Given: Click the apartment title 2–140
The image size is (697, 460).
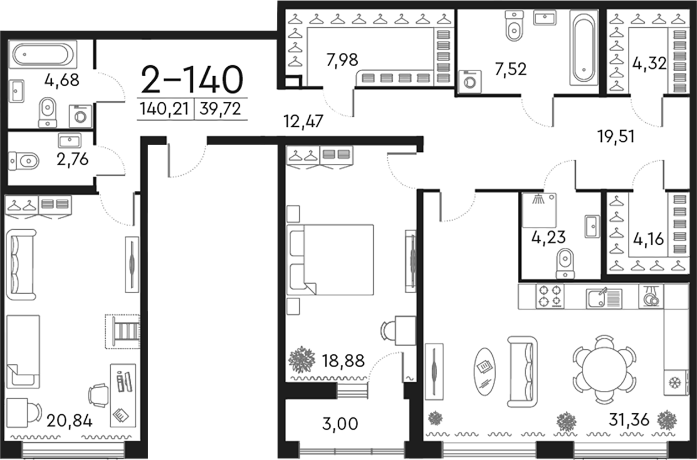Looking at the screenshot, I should click(x=192, y=80).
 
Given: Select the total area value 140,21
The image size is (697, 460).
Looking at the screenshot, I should click(x=165, y=110).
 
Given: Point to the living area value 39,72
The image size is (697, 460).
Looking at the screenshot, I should click(x=221, y=110).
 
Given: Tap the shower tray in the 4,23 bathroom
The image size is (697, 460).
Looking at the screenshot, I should click(x=539, y=210).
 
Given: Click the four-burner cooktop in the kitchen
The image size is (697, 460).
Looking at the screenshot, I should click(x=549, y=296).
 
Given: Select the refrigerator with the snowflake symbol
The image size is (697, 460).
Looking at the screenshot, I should click(x=676, y=383).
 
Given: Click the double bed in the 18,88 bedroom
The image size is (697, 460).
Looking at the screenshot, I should click(x=330, y=259).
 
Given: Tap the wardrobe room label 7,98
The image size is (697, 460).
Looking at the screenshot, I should click(x=342, y=58).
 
